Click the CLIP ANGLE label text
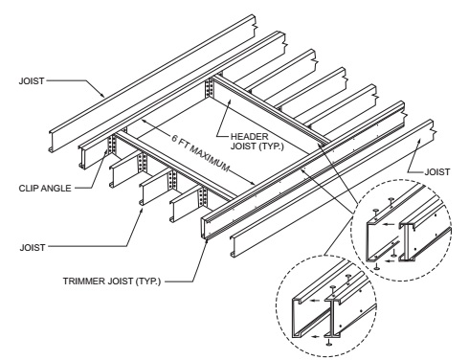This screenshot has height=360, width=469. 45,189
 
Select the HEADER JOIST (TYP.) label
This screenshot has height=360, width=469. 257,142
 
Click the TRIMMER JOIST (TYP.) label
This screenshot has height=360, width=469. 112,281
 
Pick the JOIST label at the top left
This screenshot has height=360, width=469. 32,81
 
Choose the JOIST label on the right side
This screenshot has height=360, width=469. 437,172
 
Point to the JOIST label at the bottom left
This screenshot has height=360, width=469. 33,247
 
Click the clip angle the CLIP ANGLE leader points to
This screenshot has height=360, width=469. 112,146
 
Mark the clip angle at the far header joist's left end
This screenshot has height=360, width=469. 209,88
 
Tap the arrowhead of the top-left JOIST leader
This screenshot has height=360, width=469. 102,95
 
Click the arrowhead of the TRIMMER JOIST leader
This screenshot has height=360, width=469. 207,239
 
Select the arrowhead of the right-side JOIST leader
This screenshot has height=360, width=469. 419,141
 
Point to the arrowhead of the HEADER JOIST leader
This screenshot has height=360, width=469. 230,101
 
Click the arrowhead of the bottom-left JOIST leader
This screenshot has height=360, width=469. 143,209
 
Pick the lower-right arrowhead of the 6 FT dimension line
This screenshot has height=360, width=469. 253,183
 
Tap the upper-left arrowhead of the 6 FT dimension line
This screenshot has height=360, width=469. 144,121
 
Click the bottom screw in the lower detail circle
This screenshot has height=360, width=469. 328,342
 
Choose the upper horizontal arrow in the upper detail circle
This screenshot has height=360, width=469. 389,224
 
